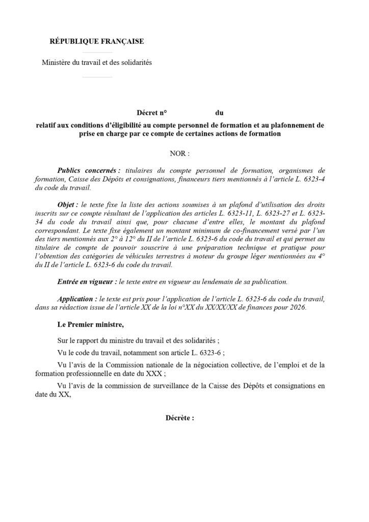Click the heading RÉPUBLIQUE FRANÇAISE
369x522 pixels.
96,41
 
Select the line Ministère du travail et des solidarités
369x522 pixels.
97,63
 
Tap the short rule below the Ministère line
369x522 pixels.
97,77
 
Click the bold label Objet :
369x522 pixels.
69,202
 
